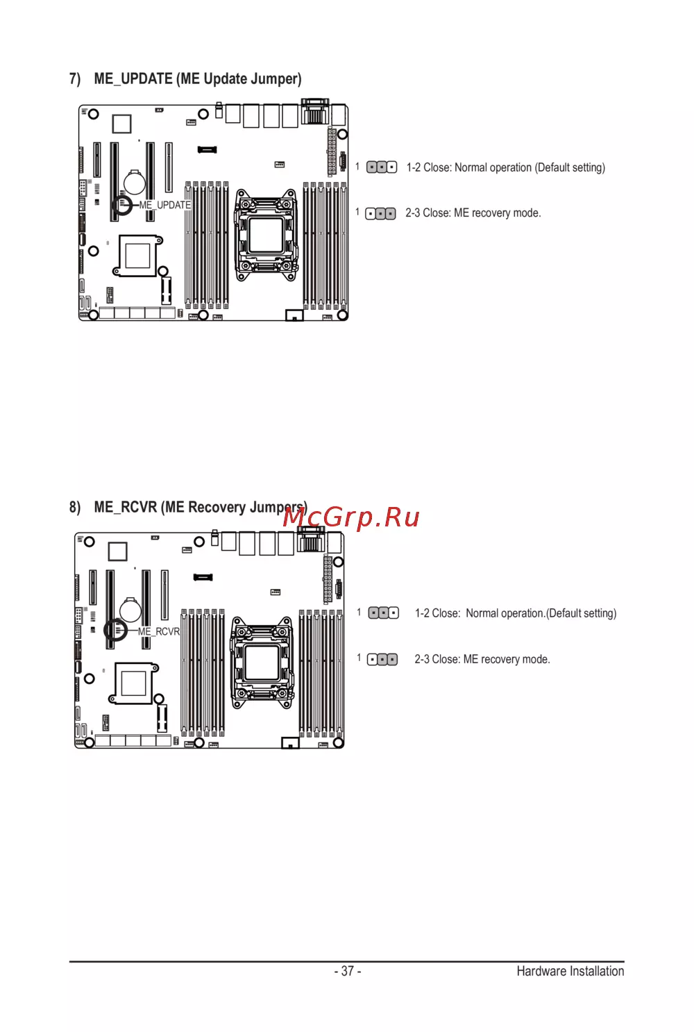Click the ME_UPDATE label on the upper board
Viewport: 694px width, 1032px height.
165,205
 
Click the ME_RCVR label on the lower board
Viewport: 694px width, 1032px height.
159,632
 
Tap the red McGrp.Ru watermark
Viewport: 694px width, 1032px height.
351,517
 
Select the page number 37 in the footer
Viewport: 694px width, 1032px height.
348,971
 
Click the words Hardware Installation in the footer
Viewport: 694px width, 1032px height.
570,971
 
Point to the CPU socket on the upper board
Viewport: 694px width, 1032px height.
266,235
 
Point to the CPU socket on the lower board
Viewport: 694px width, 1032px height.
262,663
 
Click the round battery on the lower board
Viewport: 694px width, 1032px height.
130,609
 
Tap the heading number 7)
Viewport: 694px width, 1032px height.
75,78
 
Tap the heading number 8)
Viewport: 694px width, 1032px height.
75,507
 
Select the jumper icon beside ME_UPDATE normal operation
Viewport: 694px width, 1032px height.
382,167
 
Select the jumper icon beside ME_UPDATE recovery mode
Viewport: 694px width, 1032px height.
380,214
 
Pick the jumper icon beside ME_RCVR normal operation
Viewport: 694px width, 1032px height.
384,613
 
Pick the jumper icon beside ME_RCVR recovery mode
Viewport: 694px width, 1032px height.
382,660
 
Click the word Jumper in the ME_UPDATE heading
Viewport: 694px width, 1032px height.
277,78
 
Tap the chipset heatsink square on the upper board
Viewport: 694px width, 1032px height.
137,256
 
